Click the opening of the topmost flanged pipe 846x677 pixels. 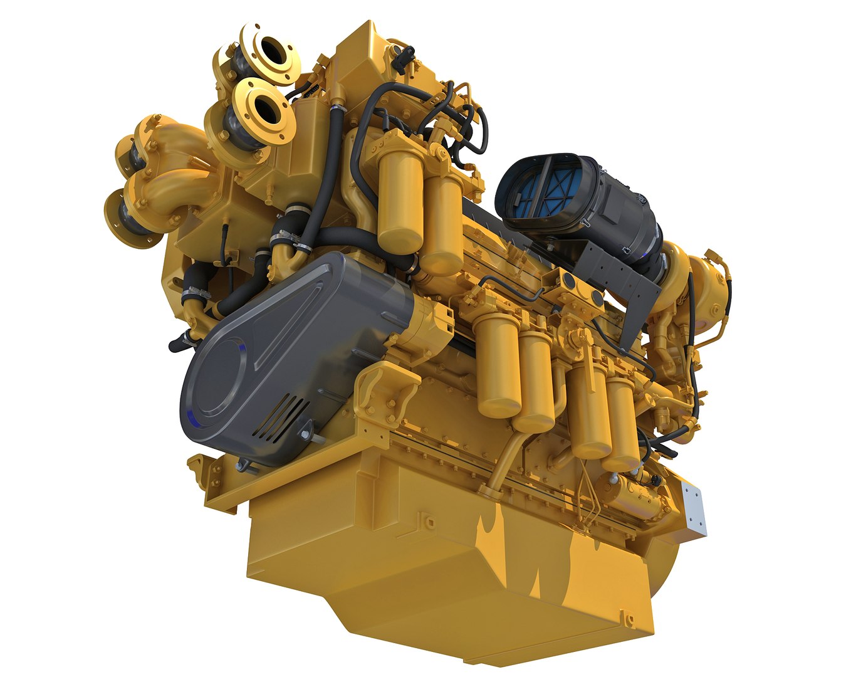[x=274, y=50]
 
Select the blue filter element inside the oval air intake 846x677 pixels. [x=540, y=192]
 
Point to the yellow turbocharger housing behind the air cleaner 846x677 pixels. [x=702, y=282]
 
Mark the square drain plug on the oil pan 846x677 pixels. [x=427, y=520]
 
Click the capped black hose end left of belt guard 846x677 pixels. [x=177, y=344]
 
